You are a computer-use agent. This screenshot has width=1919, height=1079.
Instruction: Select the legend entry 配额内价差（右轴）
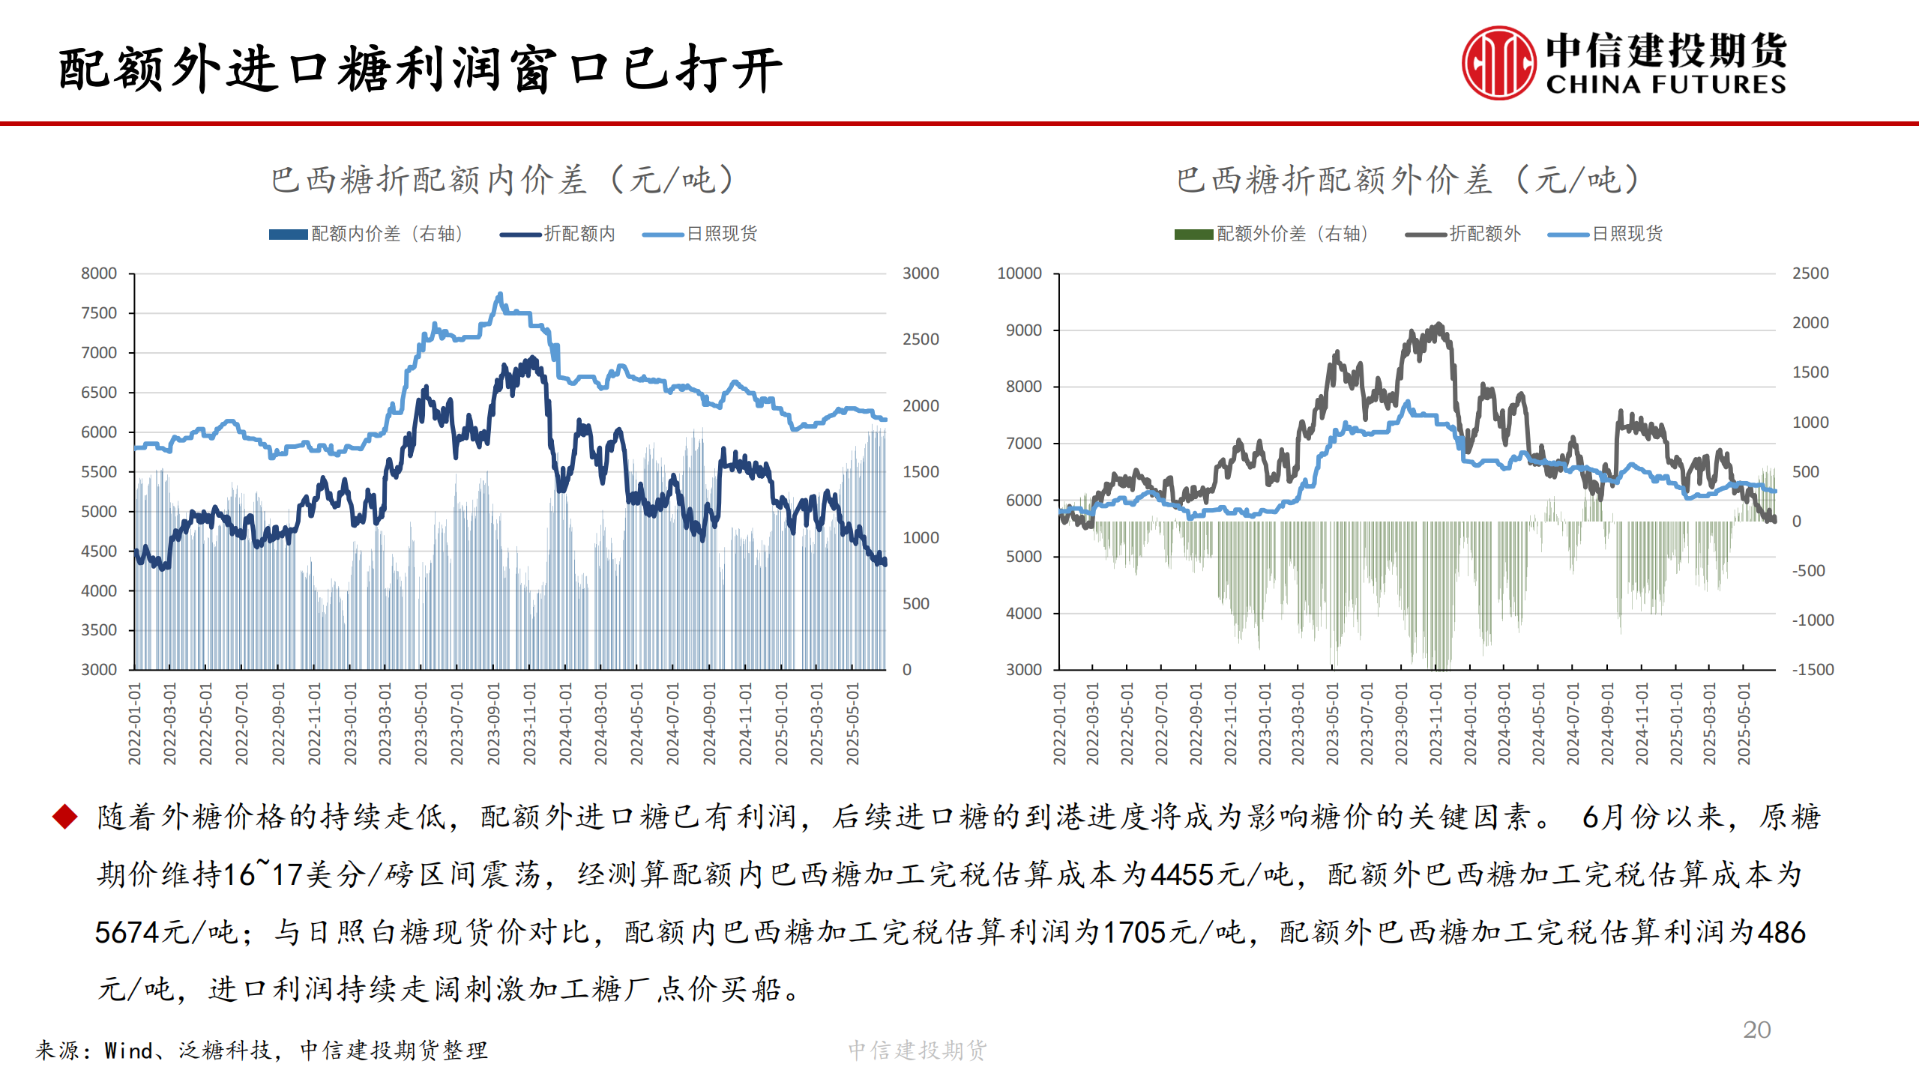(367, 234)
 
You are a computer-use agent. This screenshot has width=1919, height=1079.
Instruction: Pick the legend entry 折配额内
(558, 234)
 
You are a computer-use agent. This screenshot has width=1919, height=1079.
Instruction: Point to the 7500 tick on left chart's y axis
(99, 313)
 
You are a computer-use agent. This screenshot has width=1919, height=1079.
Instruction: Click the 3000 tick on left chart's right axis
(921, 273)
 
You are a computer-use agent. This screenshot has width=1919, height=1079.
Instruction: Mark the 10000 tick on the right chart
(1019, 273)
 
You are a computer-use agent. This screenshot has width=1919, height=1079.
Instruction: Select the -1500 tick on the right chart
(1813, 670)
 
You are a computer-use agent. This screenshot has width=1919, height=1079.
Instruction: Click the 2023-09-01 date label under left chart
(493, 723)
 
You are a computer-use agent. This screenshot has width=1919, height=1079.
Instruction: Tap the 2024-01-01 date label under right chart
(1470, 723)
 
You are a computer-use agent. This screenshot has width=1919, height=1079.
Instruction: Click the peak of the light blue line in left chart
(500, 294)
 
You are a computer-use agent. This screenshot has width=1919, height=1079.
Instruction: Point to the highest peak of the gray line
(1438, 325)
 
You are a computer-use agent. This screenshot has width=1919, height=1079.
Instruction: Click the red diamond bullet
(65, 817)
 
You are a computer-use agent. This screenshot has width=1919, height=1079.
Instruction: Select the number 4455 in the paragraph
(1182, 874)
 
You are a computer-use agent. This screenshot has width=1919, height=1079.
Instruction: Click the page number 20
(1756, 1030)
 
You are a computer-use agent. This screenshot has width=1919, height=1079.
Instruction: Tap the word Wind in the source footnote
(129, 1051)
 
